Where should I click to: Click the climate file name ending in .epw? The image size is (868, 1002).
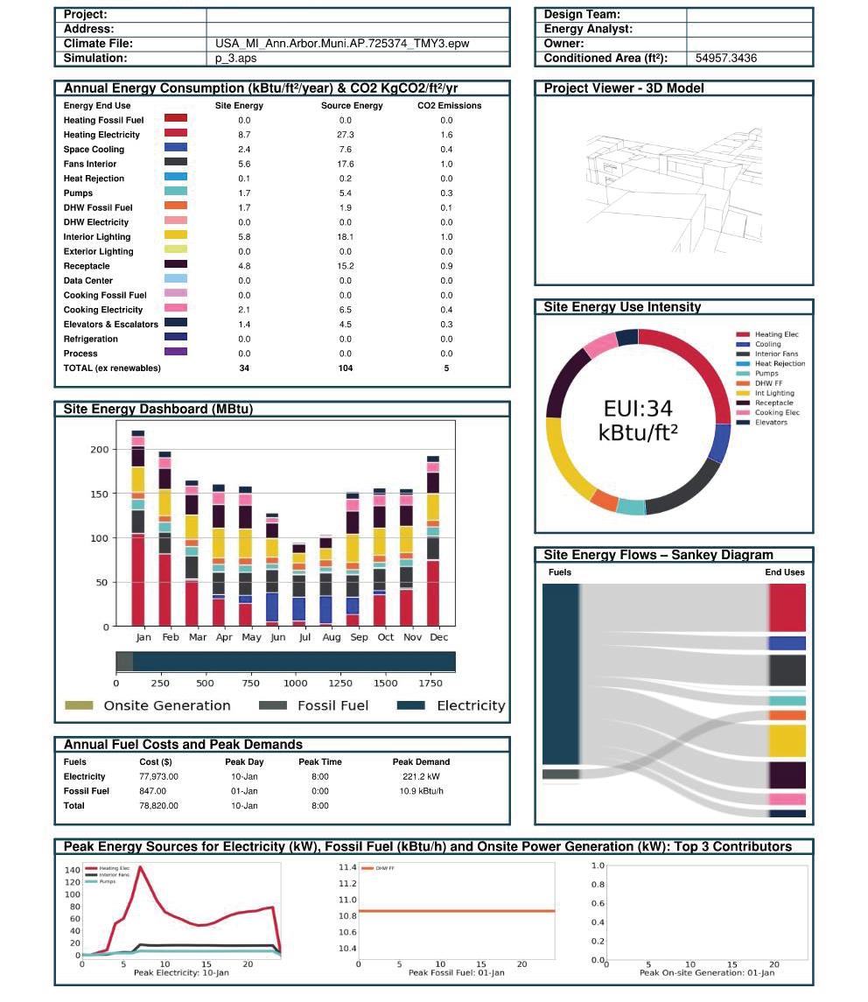(x=349, y=44)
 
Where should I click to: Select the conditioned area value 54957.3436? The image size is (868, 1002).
(x=726, y=59)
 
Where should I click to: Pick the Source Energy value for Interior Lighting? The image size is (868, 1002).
(x=345, y=237)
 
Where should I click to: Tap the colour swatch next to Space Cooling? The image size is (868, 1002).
(x=176, y=149)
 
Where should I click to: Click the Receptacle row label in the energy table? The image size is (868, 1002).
(x=87, y=266)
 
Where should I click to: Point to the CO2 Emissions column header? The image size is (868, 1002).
(x=449, y=106)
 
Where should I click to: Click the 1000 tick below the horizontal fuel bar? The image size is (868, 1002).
(x=295, y=683)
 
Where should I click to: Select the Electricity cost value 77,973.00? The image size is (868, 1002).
(x=158, y=777)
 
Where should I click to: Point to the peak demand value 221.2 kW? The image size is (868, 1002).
(x=421, y=777)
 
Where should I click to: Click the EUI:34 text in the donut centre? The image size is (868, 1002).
(x=638, y=408)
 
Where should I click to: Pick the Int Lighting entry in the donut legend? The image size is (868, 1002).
(x=774, y=394)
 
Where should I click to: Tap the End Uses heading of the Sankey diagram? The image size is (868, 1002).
(x=785, y=572)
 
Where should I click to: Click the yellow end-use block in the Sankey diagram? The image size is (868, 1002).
(x=787, y=740)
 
